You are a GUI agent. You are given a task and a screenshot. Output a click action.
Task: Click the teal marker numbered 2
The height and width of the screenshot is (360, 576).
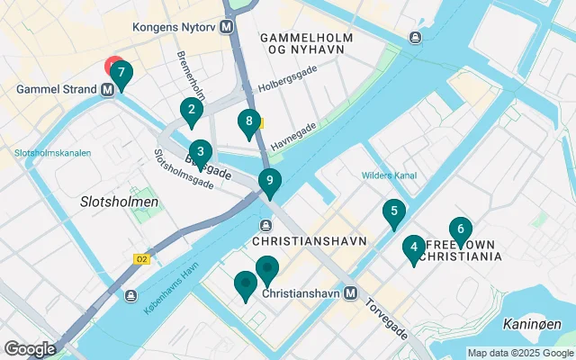coord(190,112)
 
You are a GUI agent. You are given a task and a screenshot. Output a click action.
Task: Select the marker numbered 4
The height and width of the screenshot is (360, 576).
coord(413,247)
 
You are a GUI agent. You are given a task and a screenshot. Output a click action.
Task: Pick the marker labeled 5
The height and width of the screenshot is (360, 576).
coord(392,212)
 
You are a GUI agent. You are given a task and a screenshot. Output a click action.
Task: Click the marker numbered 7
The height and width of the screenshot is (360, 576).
coord(120,74)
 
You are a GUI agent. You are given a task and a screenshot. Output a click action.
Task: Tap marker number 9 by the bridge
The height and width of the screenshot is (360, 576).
coord(269,181)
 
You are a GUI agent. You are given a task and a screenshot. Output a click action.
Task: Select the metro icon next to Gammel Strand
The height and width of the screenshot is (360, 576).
coord(108,89)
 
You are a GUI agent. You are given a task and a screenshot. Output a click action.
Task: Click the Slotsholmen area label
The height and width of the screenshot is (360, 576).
coord(120,202)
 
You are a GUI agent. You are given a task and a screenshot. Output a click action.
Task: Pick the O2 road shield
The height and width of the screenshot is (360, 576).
coord(140,259)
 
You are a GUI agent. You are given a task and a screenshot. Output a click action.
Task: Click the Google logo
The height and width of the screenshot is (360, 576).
coord(30,349)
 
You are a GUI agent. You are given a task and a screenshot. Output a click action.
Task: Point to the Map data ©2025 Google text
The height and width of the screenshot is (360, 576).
coord(519,353)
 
